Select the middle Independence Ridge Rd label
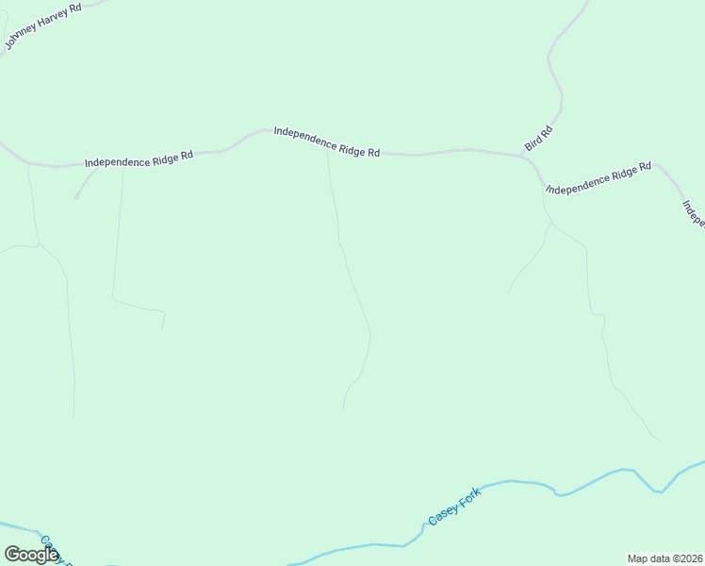[326, 141]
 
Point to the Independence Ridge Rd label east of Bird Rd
[598, 178]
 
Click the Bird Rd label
[537, 137]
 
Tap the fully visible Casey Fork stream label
[454, 507]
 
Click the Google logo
[30, 555]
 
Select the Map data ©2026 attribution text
[664, 558]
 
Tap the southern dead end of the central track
[343, 408]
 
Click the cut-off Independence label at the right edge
[693, 212]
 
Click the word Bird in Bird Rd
[533, 141]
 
